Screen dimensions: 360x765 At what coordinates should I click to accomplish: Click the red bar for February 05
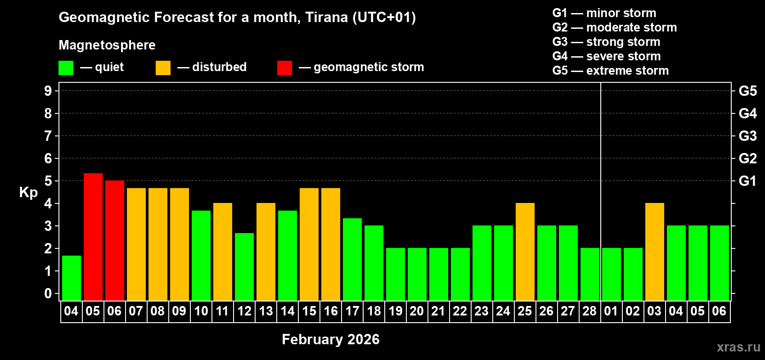93,237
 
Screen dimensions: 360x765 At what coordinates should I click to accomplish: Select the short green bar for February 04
72,278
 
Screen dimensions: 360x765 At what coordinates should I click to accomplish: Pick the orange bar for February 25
525,252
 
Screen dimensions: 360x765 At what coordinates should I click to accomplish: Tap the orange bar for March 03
655,252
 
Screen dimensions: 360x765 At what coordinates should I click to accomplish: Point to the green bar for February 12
244,267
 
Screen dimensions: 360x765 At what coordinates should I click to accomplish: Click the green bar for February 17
352,259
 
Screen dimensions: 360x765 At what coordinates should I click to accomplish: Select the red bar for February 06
115,240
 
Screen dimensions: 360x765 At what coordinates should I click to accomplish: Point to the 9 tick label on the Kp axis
48,91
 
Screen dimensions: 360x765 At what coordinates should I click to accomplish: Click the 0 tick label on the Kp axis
48,293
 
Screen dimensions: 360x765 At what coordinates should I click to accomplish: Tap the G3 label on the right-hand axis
747,136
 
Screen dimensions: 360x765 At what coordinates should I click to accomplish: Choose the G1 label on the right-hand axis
747,181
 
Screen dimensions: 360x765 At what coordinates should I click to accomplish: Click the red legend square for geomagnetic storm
284,68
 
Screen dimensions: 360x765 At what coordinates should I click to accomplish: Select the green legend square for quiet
66,68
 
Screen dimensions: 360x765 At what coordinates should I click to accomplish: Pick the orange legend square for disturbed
163,68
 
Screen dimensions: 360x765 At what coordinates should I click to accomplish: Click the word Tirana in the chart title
326,17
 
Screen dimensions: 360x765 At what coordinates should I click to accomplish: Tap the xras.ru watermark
738,347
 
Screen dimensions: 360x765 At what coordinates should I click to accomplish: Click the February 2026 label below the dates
331,339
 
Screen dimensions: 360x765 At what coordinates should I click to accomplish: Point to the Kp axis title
28,192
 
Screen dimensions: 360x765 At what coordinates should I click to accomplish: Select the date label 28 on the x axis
589,311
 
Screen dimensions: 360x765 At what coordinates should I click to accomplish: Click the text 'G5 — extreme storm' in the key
610,71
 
